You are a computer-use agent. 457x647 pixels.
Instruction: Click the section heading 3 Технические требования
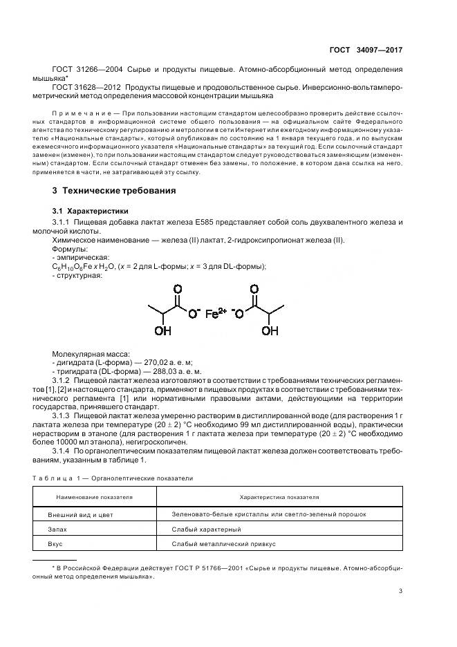114,190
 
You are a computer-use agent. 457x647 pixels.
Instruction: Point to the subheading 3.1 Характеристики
90,210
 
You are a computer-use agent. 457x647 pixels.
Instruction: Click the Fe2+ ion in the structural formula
216,313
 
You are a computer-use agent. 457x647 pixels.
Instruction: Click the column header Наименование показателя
90,496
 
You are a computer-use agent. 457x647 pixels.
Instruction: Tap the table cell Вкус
55,544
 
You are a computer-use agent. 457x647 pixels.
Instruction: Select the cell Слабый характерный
206,529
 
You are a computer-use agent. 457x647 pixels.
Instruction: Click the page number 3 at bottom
401,590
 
